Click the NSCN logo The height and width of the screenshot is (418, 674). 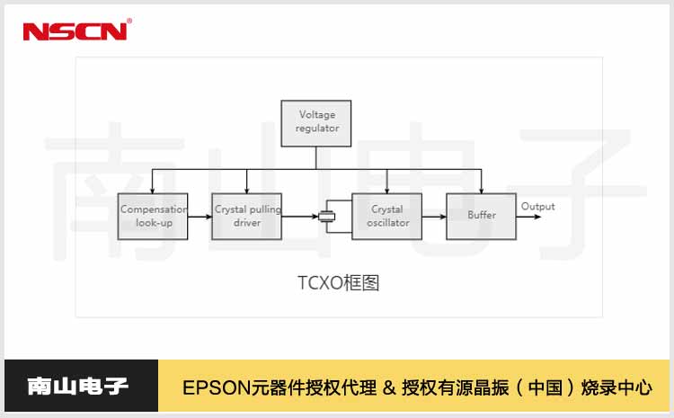coord(76,31)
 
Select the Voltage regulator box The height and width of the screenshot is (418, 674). coord(316,123)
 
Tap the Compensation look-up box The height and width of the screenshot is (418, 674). coord(153,216)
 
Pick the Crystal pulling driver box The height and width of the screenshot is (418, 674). coord(247,216)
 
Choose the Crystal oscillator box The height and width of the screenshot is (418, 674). coord(387,216)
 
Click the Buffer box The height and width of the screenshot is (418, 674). coord(482,216)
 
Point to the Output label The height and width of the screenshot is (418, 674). coord(538,207)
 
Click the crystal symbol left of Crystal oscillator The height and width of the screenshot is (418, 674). coord(326,216)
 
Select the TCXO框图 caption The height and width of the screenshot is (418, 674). coord(339,282)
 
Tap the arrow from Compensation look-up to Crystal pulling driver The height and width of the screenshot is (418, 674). coord(200,216)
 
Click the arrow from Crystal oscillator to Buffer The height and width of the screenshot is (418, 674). coord(434,216)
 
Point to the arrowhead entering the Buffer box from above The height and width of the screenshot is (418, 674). coord(482,190)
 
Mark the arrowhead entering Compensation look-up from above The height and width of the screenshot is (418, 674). coord(153,190)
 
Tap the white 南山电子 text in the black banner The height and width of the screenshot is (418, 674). coord(79,387)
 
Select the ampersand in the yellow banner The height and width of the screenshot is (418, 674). coord(388,388)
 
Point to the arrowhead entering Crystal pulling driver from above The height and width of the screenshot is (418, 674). coord(247,190)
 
